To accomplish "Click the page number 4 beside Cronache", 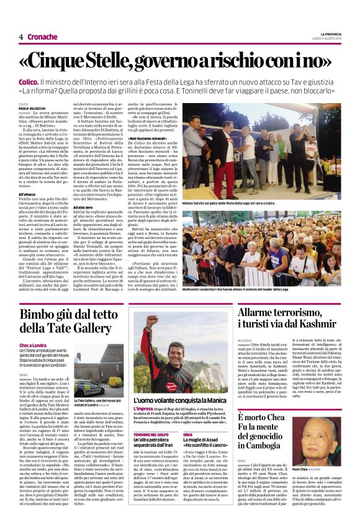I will [20, 37].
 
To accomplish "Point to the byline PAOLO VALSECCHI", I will [34, 107].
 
